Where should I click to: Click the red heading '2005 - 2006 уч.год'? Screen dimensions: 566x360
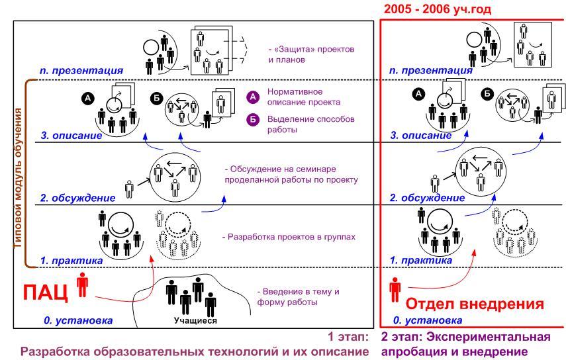[x=438, y=9]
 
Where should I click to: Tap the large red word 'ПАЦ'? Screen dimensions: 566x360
[x=46, y=292]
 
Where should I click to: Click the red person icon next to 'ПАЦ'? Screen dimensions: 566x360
[x=83, y=285]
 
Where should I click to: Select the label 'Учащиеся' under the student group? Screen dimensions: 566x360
[x=195, y=320]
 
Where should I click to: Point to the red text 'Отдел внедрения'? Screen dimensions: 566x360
[x=475, y=304]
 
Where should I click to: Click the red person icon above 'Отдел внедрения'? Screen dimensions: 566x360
[x=395, y=290]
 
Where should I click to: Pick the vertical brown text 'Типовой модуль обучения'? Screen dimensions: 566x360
[x=18, y=178]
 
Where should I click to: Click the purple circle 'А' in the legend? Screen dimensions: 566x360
[x=253, y=97]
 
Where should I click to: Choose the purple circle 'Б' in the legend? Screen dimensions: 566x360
[x=253, y=120]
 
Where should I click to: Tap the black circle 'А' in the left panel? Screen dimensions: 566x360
[x=88, y=98]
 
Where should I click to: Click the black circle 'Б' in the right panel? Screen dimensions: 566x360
[x=488, y=94]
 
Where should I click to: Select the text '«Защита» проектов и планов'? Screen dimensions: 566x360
[x=311, y=54]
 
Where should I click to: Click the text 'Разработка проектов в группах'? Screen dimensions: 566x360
[x=289, y=237]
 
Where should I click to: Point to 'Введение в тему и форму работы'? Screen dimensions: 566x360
[x=298, y=296]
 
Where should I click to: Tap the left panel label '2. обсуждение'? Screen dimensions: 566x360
[x=77, y=198]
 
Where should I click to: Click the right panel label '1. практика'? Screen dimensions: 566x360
[x=421, y=261]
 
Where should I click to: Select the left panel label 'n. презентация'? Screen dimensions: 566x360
[x=81, y=71]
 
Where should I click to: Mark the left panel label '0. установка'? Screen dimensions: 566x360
[x=78, y=320]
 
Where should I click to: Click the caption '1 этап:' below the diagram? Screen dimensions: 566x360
[x=348, y=337]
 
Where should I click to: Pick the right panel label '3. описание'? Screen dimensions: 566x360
[x=421, y=136]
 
